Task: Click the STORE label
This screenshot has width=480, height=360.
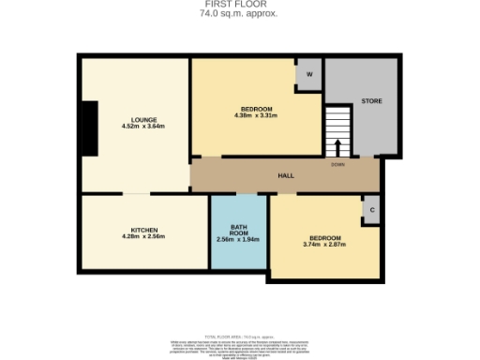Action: (x=372, y=100)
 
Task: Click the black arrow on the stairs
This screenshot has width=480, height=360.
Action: (x=337, y=147)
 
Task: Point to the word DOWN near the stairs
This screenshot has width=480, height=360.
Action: (x=337, y=164)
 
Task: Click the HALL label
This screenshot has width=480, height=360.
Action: (x=286, y=175)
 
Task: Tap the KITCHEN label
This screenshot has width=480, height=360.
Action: (x=143, y=230)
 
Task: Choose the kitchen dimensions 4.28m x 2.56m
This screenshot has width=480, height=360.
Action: (x=143, y=237)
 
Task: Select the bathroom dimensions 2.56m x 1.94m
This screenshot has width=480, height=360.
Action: (x=238, y=242)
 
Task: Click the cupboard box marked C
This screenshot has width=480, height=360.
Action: (x=372, y=211)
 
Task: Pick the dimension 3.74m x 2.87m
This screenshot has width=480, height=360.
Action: (x=324, y=245)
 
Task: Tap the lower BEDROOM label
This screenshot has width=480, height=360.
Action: (x=324, y=237)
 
